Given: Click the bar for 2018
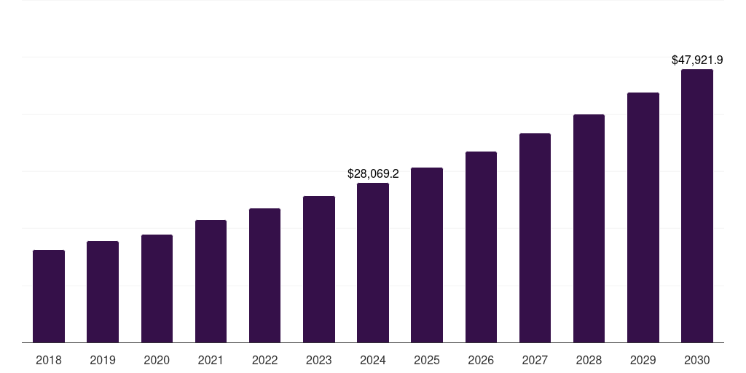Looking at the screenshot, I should (49, 296).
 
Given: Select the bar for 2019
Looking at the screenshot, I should (103, 291).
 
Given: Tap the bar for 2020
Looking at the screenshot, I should (157, 288).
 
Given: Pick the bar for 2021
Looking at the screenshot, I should (211, 281).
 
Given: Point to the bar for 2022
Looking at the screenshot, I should (264, 275).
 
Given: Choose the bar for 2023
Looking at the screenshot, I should (319, 269).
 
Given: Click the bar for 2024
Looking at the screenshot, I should (373, 262).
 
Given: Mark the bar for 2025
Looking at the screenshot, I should (427, 255).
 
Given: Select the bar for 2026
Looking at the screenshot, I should (481, 247).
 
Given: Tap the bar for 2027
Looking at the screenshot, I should (535, 237).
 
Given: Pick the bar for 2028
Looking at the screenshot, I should (589, 228).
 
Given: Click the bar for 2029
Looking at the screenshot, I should (643, 217).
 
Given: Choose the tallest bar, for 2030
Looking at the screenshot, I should (697, 205).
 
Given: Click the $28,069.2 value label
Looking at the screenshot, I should (373, 174).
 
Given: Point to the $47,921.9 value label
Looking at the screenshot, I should (697, 60).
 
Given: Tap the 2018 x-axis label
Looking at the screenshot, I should (49, 360).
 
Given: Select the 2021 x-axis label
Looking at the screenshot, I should (211, 360).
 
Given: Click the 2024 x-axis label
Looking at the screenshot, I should (373, 360).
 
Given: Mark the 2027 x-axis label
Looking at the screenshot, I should (535, 360).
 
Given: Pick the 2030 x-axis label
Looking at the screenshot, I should (697, 360).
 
